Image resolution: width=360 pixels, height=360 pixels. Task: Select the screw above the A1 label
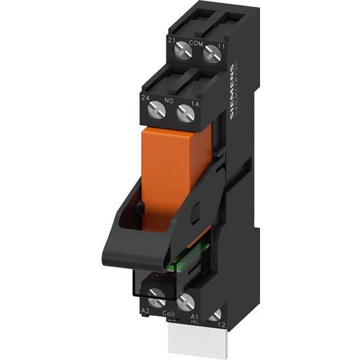[186, 303]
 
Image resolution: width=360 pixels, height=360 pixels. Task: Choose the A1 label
[196, 315]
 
